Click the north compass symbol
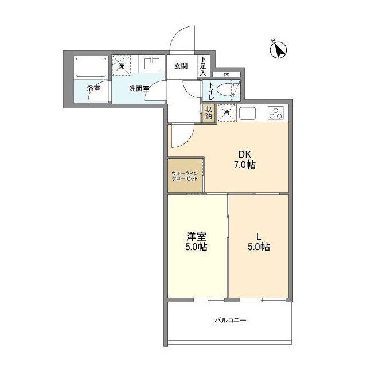[278, 50]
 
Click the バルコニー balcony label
[231, 320]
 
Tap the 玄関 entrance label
[181, 66]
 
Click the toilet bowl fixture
[230, 91]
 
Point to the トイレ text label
[211, 91]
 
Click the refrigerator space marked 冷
[227, 113]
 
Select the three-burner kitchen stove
[276, 113]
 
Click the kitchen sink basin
[249, 113]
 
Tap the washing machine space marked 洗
[121, 65]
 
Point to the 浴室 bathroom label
[93, 89]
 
